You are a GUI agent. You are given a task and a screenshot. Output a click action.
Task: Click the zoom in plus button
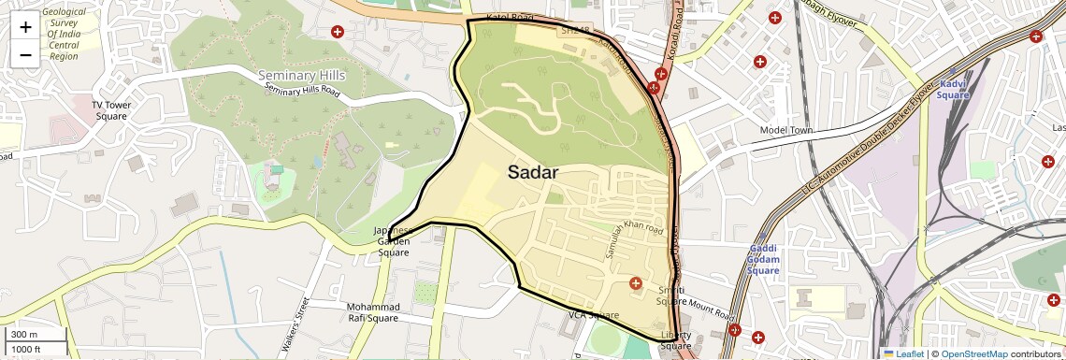coord(25,27)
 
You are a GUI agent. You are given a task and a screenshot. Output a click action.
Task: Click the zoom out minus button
coord(25,54)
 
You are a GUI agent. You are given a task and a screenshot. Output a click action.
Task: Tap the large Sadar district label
coord(533,172)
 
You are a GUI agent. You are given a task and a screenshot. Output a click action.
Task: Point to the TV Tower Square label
coord(110,110)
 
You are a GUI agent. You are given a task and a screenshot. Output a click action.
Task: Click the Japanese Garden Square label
coord(393,241)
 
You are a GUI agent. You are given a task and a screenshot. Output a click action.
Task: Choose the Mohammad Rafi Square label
coord(372,312)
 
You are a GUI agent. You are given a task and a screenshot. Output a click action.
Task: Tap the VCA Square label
coord(594,315)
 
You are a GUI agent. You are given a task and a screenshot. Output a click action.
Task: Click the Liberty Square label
coord(675,340)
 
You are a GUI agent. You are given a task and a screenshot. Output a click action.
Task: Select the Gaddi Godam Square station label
coord(764,258)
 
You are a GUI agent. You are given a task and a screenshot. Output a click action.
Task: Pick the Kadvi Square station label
coord(953,89)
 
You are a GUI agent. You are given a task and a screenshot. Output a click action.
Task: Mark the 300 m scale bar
coord(35,335)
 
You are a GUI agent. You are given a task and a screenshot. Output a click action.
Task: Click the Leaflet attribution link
coord(903,353)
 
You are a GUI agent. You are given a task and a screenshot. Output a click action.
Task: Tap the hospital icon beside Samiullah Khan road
coord(636,283)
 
